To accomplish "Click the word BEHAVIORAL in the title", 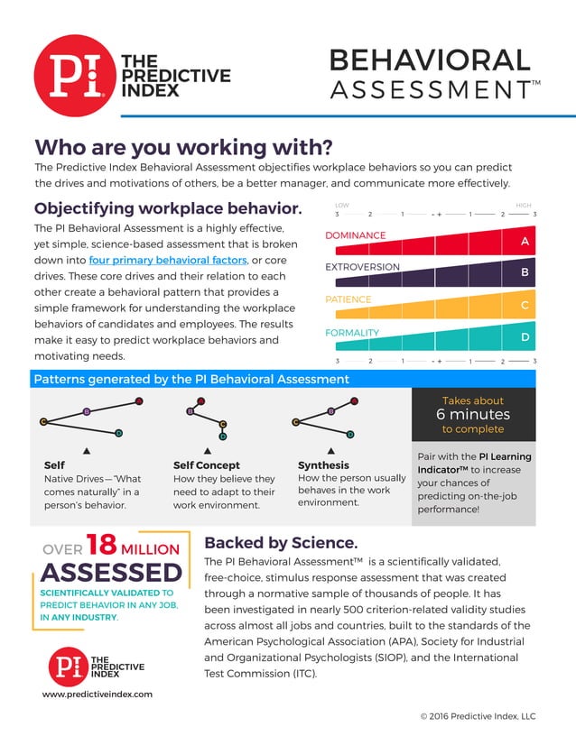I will pos(429,60).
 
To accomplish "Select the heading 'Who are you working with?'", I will pos(183,146).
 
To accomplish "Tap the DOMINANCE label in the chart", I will pos(355,235).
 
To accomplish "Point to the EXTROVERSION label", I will pos(362,267).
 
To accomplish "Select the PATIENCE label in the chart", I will pos(348,299).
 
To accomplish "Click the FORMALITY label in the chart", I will pos(352,333).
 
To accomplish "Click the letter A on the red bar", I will pos(525,242).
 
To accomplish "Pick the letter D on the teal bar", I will pos(525,337).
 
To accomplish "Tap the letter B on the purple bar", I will pos(525,271).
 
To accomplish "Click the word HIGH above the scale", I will pos(523,206).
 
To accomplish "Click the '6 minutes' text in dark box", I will pos(473,415).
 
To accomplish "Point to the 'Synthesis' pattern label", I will pos(323,465).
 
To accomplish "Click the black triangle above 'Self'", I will pos(86,449).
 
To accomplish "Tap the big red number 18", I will pos(102,545).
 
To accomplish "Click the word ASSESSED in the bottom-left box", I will pos(112,572).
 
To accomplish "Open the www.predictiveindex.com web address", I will pos(98,694).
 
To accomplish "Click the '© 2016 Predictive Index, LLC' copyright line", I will pos(478,716).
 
